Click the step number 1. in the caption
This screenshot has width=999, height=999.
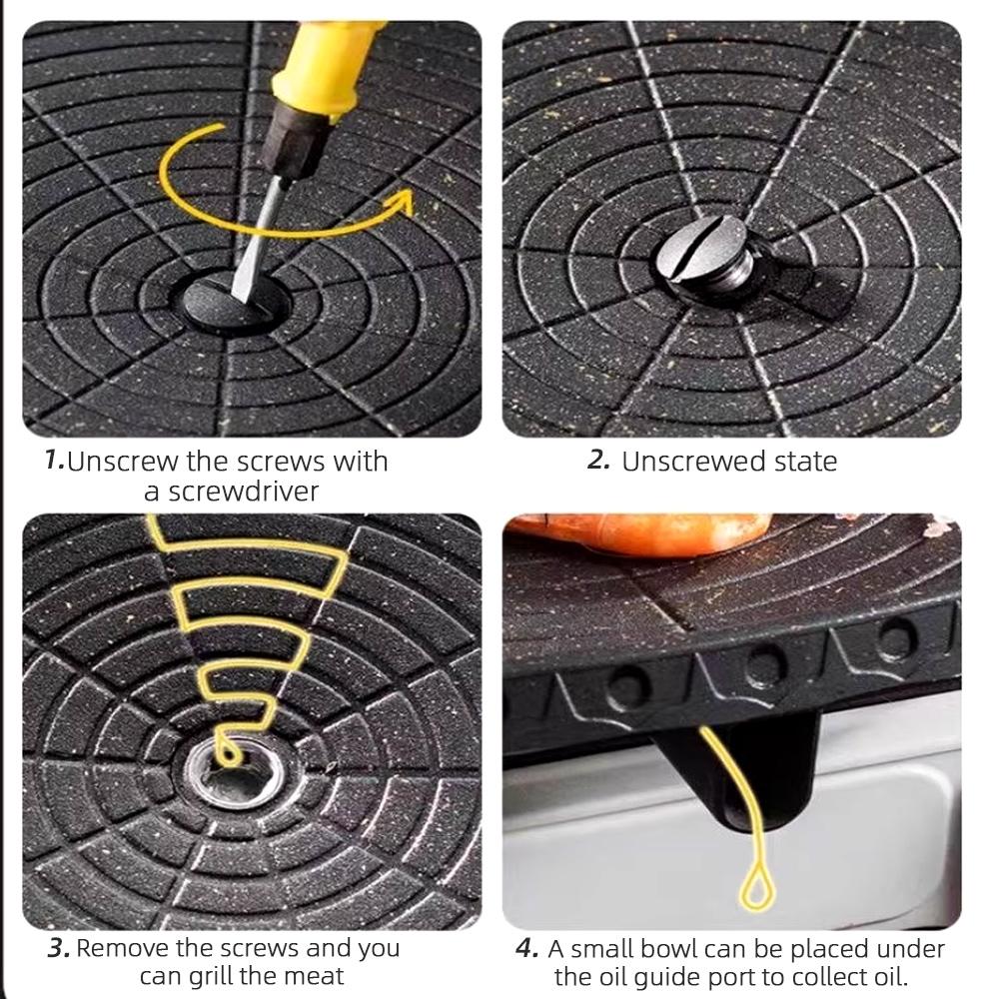(x=54, y=461)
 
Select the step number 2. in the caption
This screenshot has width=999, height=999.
(x=597, y=461)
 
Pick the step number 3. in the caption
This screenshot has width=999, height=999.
(x=58, y=947)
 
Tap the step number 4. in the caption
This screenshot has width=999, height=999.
(x=527, y=947)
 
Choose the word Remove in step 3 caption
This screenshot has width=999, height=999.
(x=123, y=947)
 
